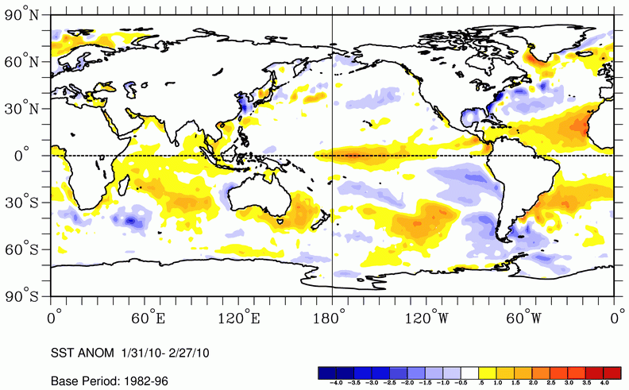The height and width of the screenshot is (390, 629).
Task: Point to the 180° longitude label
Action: (332, 319)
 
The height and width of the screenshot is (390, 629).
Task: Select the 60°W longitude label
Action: (519, 319)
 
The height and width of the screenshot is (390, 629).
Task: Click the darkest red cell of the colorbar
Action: (612, 373)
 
